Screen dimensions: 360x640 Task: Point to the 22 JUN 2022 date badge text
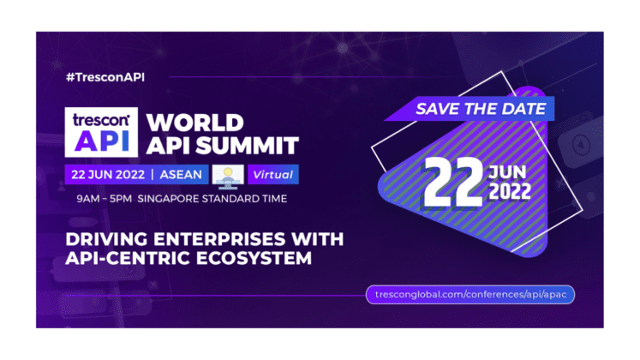[106, 175]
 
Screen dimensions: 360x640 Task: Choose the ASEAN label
[180, 175]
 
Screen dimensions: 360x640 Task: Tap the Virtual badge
[272, 175]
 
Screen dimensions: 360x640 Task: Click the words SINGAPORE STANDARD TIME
[223, 199]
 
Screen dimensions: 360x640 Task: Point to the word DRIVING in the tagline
[107, 237]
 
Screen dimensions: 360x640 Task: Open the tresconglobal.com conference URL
[470, 294]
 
